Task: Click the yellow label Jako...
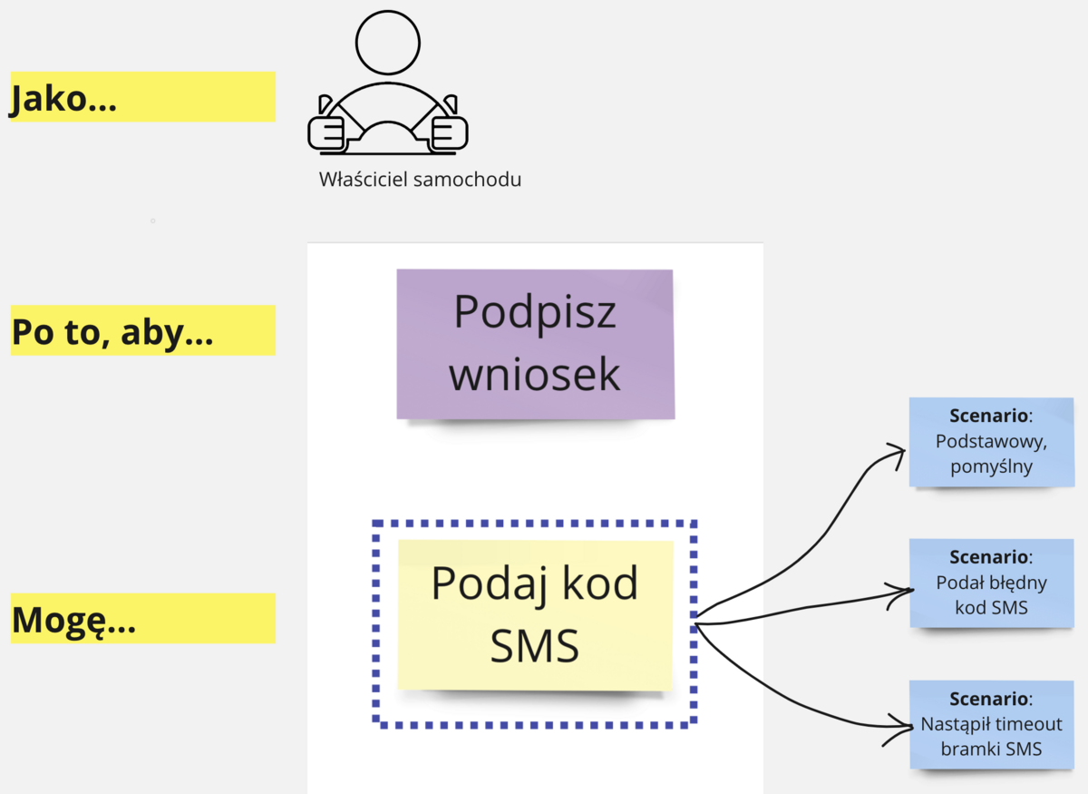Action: (x=141, y=96)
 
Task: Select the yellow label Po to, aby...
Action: (x=142, y=330)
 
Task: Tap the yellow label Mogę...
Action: (x=142, y=619)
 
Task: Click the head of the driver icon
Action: (x=388, y=43)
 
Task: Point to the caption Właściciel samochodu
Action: (x=420, y=179)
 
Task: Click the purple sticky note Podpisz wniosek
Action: (x=535, y=344)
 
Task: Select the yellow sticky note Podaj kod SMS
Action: (x=535, y=615)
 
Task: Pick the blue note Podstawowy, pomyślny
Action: (x=991, y=442)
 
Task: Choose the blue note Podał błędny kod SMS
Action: (x=991, y=583)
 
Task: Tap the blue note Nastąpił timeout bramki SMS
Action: (x=991, y=724)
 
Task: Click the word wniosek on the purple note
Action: (x=535, y=375)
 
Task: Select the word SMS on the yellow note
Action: (x=535, y=647)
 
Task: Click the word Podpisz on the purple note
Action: (x=535, y=311)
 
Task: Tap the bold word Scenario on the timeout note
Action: (x=989, y=699)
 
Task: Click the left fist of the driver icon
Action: (x=327, y=132)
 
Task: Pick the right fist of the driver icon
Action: (x=448, y=132)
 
